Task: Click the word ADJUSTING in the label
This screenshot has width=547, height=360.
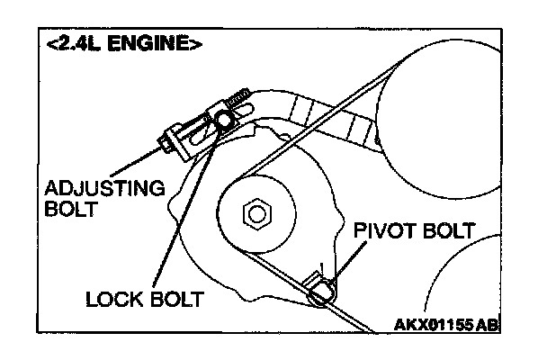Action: [x=104, y=189]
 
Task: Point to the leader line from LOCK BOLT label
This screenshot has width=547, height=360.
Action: [x=184, y=216]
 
